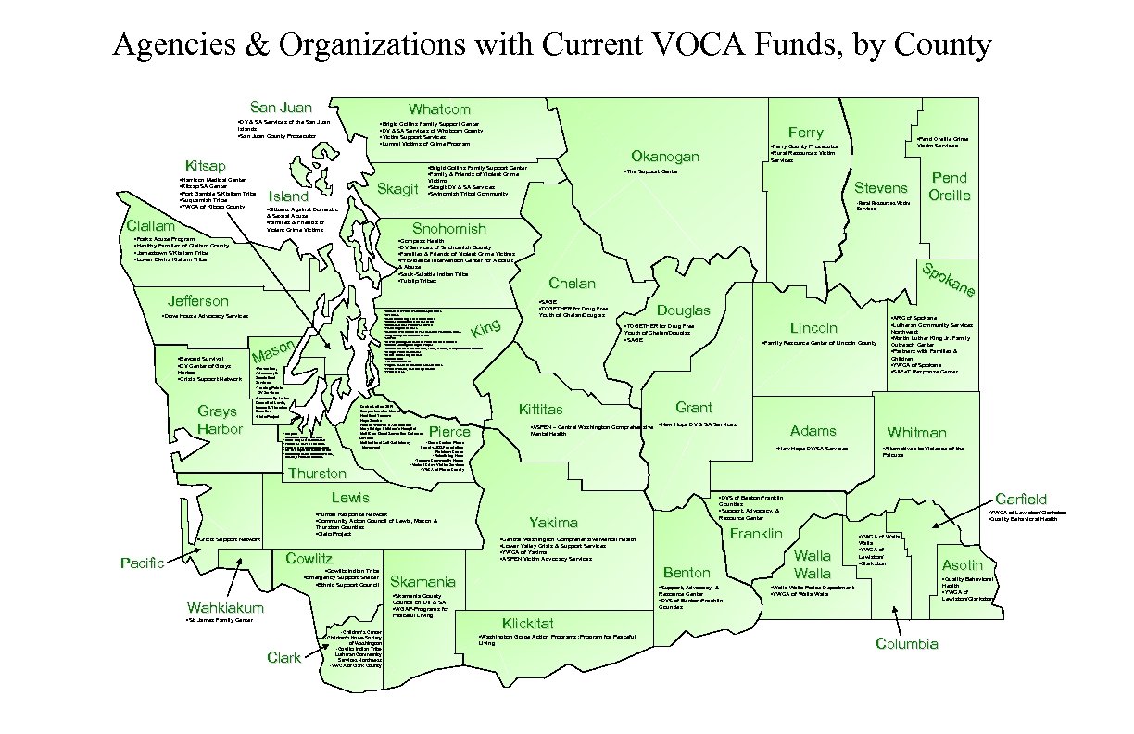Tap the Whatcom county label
(x=439, y=109)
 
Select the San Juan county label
(x=281, y=108)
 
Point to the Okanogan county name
(x=664, y=157)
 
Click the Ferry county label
(x=805, y=133)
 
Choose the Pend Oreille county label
(x=950, y=186)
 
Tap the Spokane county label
(x=948, y=280)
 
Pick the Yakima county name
(x=553, y=523)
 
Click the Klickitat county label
(x=527, y=624)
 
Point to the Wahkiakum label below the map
(x=225, y=608)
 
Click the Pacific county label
(x=143, y=563)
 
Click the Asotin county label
(x=962, y=565)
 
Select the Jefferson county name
(x=197, y=301)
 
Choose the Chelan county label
(x=572, y=284)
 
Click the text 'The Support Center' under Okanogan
(x=652, y=172)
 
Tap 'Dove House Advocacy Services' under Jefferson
(x=205, y=316)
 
